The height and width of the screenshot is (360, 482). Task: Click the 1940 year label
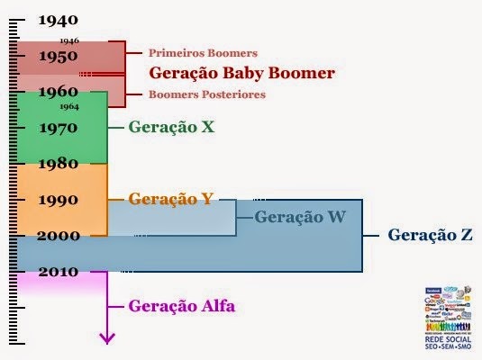click(x=59, y=19)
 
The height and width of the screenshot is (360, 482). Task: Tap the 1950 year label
click(x=59, y=56)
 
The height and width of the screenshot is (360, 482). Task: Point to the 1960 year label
click(x=59, y=91)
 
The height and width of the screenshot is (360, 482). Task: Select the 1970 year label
click(x=59, y=127)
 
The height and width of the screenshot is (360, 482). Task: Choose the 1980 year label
click(x=59, y=163)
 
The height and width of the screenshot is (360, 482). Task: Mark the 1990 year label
click(x=59, y=199)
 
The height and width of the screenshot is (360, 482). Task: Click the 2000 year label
click(x=59, y=235)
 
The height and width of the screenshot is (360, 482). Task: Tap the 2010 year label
click(x=59, y=271)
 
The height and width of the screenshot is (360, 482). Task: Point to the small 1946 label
click(x=69, y=40)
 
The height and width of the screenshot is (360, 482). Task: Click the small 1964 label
click(x=69, y=107)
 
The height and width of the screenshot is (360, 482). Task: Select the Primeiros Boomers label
click(x=204, y=53)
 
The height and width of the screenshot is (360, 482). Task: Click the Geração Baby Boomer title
click(x=241, y=73)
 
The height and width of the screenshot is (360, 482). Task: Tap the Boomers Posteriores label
click(x=207, y=94)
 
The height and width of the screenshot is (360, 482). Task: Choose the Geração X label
click(x=171, y=127)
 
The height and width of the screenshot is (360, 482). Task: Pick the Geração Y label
click(x=171, y=199)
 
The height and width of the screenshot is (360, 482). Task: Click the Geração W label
click(x=300, y=216)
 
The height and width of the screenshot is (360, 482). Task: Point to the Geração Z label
click(x=431, y=235)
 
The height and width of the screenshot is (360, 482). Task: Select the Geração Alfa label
click(x=182, y=306)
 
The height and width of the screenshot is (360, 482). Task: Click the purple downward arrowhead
click(x=108, y=338)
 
